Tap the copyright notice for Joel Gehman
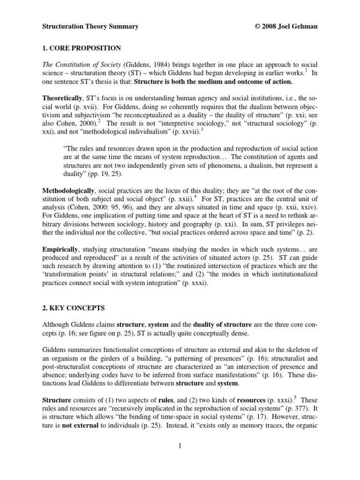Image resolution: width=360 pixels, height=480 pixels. pyautogui.click(x=284, y=27)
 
